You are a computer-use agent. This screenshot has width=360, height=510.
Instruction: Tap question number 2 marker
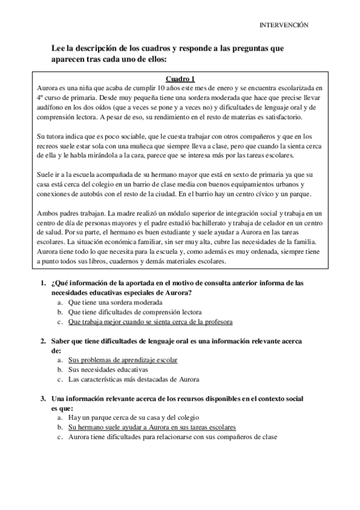[x=43, y=341]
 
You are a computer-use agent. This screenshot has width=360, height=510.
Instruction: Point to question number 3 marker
[x=43, y=399]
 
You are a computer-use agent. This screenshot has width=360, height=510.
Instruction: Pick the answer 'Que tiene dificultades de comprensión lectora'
[x=135, y=312]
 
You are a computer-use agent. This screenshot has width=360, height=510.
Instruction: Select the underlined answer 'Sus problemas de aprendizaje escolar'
[x=123, y=360]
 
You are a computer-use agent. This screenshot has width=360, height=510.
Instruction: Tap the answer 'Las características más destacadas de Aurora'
[x=133, y=379]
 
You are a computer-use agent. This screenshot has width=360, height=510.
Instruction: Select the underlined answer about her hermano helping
[x=152, y=427]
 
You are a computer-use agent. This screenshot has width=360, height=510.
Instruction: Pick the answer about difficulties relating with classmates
[x=172, y=437]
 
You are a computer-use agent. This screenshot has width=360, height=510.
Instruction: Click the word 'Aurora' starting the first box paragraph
[x=46, y=87]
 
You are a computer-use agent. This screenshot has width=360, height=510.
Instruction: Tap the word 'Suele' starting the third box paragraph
[x=46, y=174]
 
